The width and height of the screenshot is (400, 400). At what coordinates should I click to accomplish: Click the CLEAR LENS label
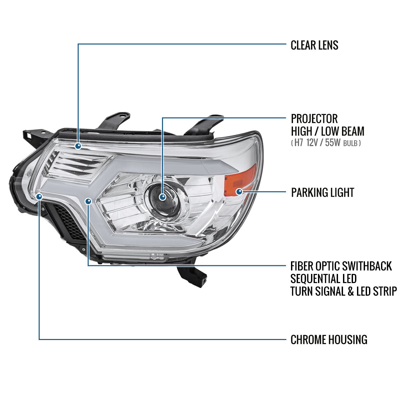click(314, 45)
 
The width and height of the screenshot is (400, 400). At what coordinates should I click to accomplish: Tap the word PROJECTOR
click(314, 119)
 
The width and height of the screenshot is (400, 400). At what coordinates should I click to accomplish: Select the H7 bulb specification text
click(326, 143)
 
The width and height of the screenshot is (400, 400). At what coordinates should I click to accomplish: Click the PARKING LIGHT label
click(323, 192)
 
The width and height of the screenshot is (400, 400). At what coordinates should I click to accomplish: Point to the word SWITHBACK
click(367, 266)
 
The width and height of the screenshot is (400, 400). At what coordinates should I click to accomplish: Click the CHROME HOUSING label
click(329, 340)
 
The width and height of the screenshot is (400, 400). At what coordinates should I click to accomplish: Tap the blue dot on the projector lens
click(163, 197)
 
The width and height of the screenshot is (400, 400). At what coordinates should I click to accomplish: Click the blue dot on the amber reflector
click(239, 191)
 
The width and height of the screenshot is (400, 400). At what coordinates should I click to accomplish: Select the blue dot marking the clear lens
click(78, 146)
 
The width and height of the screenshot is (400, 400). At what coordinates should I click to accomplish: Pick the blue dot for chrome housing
click(39, 196)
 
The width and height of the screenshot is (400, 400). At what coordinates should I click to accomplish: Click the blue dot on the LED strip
click(88, 201)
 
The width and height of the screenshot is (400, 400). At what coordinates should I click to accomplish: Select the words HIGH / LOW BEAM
click(328, 131)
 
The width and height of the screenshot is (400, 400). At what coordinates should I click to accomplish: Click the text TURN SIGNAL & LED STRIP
click(344, 291)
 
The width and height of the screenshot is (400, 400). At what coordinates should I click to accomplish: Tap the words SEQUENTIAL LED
click(323, 279)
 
